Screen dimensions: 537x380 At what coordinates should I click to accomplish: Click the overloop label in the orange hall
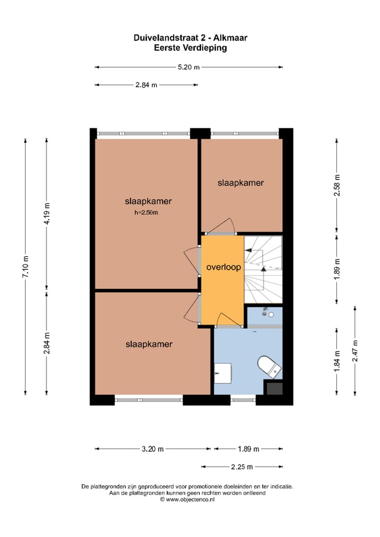coord(224,267)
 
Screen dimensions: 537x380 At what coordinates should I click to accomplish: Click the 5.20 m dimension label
coord(189,67)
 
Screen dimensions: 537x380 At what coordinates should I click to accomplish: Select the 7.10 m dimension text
coord(26,266)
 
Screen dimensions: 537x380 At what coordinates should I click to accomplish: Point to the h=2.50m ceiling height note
coord(146,213)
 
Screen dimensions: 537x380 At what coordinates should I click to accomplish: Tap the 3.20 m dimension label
coord(153,449)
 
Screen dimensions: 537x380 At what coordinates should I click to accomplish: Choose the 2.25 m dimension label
coord(242,467)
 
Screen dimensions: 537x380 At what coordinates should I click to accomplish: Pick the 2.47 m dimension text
coord(355,351)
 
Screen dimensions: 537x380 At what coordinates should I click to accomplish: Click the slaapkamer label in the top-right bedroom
coord(241,183)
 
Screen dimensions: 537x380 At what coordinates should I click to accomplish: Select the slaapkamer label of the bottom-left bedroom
coord(149,344)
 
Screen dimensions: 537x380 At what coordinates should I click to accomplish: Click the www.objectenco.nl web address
coord(190,499)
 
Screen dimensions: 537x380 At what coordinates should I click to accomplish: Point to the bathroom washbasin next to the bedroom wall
coord(224,373)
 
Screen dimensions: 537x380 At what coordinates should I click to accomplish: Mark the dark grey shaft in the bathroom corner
coord(274,389)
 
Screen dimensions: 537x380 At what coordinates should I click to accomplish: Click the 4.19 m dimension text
coord(47,214)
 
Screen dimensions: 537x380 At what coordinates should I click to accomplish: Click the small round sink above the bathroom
coord(270,315)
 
